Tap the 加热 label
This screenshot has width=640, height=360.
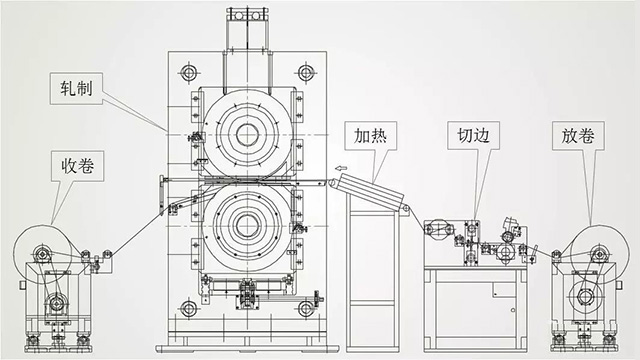click(367, 133)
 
